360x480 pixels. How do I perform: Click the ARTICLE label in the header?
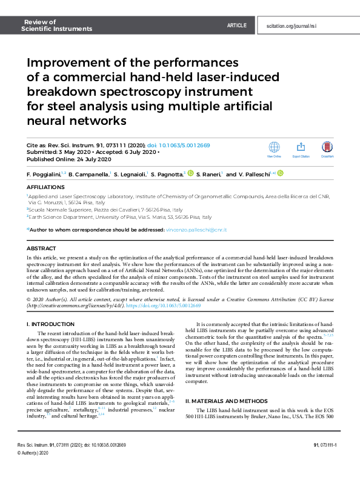point(236,25)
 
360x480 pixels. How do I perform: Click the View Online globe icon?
point(274,147)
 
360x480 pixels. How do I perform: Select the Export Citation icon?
point(301,147)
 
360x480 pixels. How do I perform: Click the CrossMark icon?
point(328,147)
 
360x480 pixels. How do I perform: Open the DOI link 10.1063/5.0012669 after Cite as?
point(184,146)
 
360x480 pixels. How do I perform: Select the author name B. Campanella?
point(88,174)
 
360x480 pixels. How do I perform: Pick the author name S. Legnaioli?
point(128,174)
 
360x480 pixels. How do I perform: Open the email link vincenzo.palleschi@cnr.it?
point(196,230)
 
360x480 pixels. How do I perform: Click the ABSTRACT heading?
point(41,248)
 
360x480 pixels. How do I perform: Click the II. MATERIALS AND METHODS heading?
point(229,401)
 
